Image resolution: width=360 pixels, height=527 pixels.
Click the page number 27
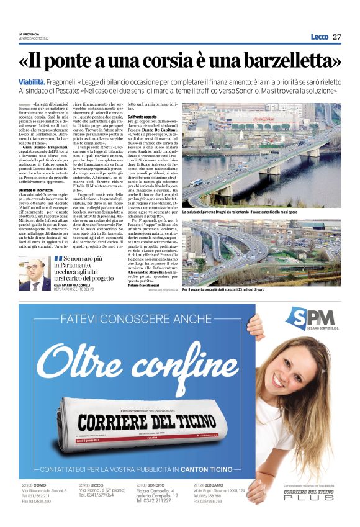pyautogui.click(x=336, y=37)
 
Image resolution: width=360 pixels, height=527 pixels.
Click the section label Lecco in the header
pyautogui.click(x=319, y=37)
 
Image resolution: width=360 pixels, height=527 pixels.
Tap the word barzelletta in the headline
pyautogui.click(x=281, y=61)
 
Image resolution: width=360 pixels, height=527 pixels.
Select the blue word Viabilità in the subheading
pyautogui.click(x=32, y=81)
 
